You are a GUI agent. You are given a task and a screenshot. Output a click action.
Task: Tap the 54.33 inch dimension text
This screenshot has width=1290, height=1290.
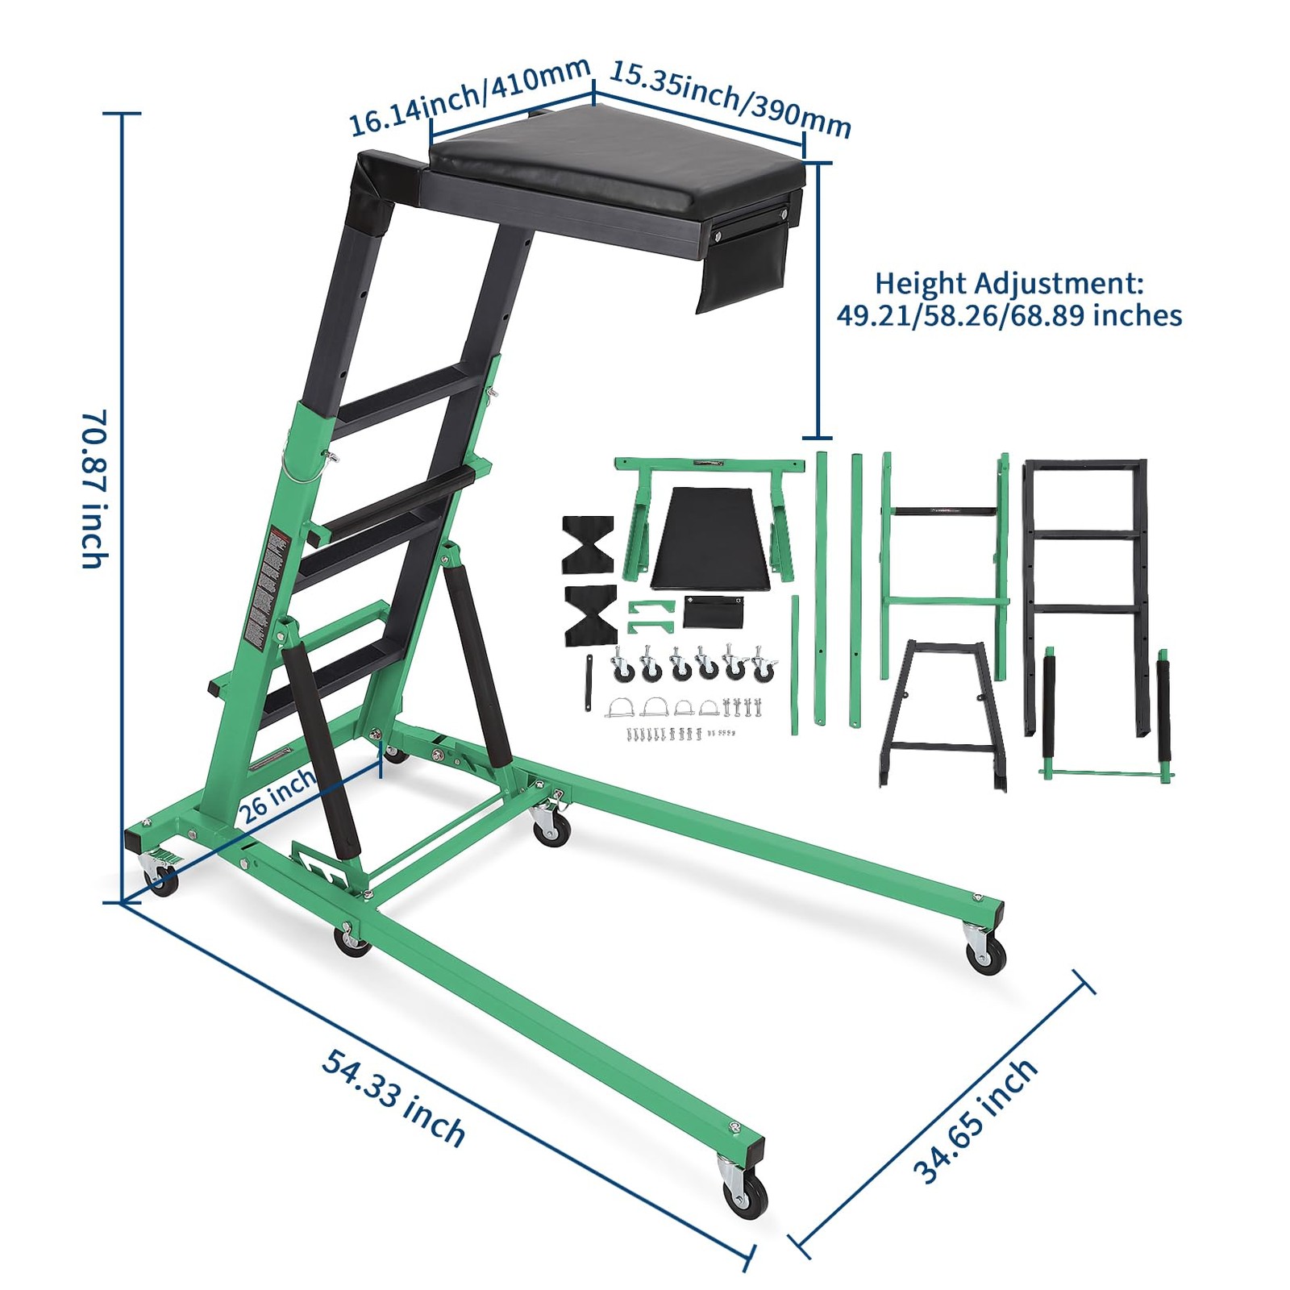(x=393, y=1096)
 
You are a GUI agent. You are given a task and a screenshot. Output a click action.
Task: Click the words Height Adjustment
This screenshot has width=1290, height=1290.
(x=1009, y=283)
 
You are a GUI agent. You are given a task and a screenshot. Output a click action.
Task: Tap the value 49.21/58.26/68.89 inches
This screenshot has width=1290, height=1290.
(x=1009, y=315)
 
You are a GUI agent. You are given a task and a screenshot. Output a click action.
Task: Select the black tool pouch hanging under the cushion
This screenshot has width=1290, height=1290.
(x=742, y=266)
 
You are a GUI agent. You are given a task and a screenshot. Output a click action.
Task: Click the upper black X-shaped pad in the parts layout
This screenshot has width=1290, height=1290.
(x=588, y=543)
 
